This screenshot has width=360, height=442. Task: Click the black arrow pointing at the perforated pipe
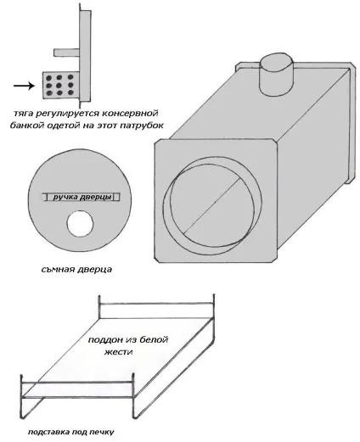point(24,86)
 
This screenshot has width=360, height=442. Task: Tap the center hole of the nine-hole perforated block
point(59,85)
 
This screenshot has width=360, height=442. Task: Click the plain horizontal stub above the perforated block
point(66,53)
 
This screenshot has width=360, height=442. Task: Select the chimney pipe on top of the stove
point(277,74)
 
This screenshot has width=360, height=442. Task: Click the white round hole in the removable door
point(80,224)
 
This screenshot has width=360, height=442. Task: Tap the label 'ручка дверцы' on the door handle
point(82,197)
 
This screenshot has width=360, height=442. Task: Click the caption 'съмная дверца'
point(76,269)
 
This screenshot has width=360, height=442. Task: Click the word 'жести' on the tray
point(119,352)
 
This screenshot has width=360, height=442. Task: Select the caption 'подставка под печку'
point(71,432)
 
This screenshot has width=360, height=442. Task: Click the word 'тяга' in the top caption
point(22,114)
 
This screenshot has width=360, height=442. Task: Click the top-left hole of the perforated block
point(48,78)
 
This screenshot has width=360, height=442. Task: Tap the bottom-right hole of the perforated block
point(70,92)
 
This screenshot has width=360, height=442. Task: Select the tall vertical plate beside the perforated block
point(85,56)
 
